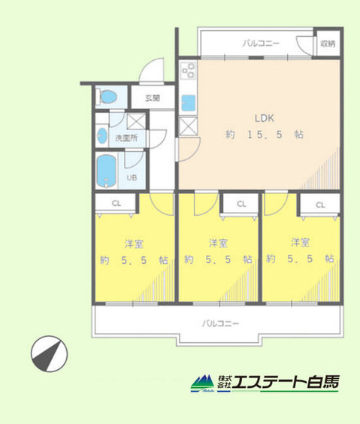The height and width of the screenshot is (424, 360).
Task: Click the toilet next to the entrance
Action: [108, 97]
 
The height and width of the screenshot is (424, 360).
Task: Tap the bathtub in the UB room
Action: [106, 171]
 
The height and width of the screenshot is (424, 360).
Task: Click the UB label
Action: [131, 178]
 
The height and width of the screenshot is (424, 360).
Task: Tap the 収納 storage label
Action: [327, 44]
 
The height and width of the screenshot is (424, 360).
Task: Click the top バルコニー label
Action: [260, 44]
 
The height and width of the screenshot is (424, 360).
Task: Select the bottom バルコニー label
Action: [219, 323]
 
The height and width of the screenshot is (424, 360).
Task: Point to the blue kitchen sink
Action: [188, 101]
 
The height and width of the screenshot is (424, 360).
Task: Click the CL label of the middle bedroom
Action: [241, 204]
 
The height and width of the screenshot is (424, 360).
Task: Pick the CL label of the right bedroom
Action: [320, 204]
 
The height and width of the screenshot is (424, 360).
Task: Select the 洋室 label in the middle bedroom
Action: [218, 242]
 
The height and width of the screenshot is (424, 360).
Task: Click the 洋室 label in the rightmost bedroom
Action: [301, 242]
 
